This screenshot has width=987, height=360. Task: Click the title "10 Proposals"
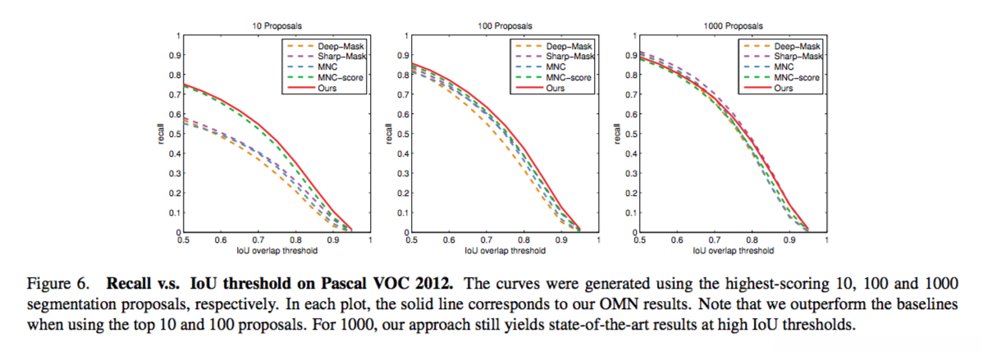(x=273, y=27)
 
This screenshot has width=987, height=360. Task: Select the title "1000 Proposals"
(x=730, y=27)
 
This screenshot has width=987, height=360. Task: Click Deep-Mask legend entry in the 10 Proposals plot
(x=337, y=47)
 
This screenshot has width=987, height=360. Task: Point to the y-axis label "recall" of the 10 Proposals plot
(x=161, y=134)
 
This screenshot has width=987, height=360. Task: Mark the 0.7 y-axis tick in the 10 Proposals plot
(x=171, y=95)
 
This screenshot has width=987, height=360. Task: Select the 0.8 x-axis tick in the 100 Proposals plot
(x=524, y=240)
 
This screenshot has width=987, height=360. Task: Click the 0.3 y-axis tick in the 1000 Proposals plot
(x=627, y=174)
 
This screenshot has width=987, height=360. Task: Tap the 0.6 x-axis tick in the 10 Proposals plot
(x=221, y=240)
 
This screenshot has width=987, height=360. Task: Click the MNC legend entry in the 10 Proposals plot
(x=328, y=66)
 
